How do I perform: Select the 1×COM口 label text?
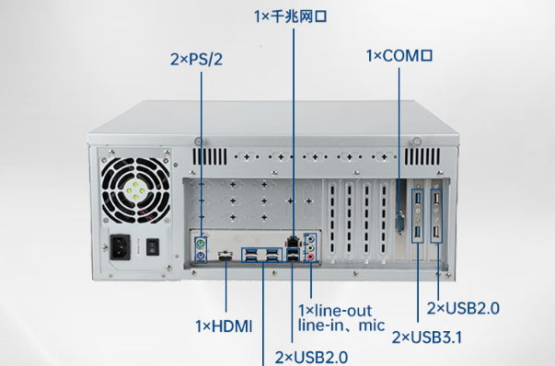click(x=399, y=56)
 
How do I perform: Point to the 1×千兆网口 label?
click(x=290, y=16)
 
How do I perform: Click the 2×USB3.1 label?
click(x=427, y=337)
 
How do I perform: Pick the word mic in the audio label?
click(x=372, y=325)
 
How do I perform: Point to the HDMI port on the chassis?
click(x=224, y=258)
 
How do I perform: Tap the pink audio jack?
click(x=311, y=259)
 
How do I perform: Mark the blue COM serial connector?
click(x=400, y=224)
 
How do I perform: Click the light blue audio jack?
click(x=311, y=238)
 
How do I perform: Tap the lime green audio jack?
click(x=311, y=248)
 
